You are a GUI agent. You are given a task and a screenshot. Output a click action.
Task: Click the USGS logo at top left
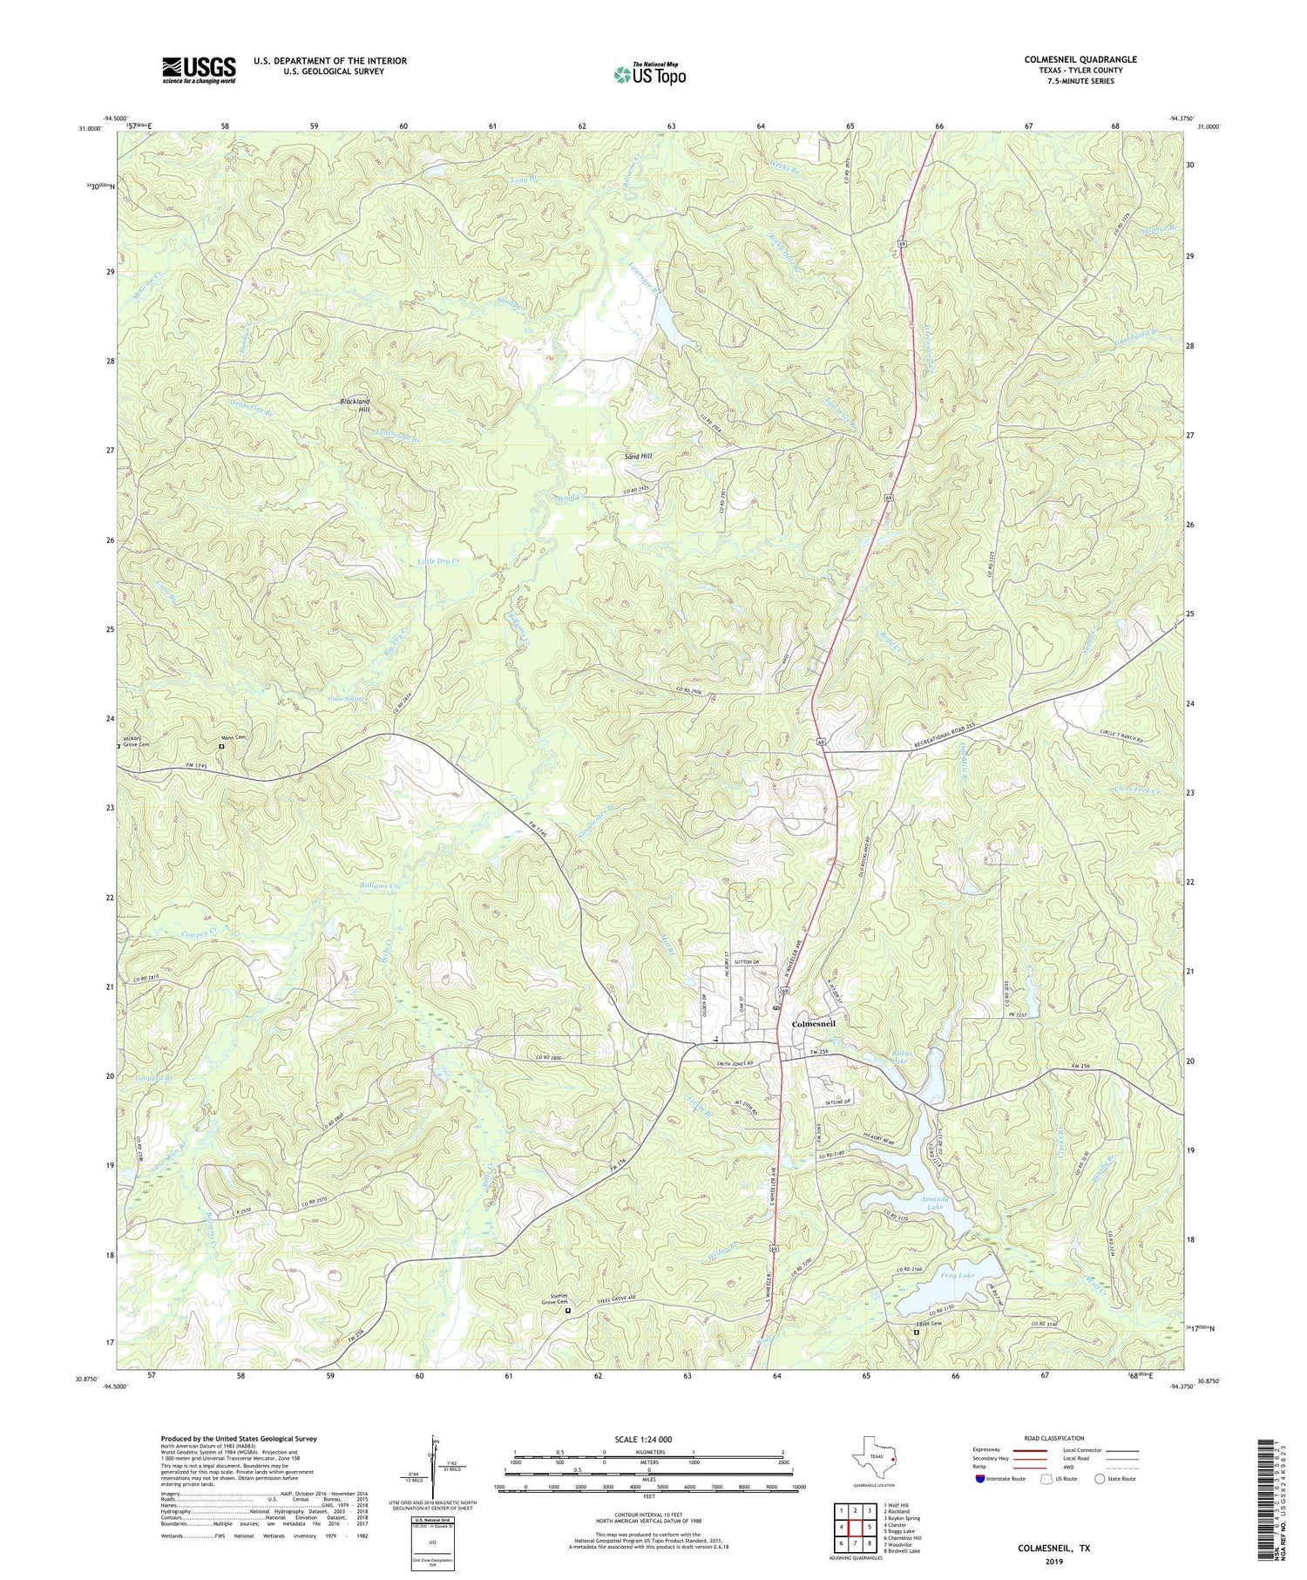pos(199,70)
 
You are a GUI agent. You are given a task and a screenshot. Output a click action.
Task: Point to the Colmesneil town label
pos(813,1023)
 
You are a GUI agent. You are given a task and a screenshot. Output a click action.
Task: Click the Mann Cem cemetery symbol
pos(221,746)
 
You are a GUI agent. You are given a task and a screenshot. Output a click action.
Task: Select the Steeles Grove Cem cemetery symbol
pos(568,1310)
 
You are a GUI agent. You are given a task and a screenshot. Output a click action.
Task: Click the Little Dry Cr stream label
pos(438,561)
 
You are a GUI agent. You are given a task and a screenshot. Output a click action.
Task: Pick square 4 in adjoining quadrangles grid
pos(843,1527)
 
